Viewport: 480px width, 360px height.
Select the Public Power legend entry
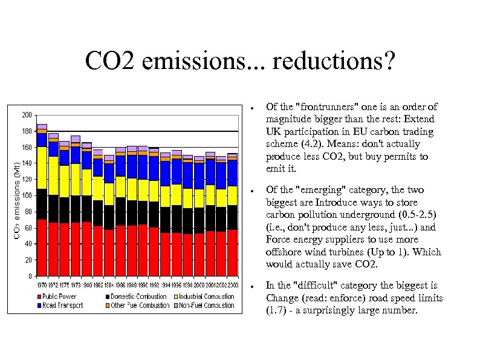pos(59,296)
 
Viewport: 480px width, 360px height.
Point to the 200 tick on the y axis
pos(27,115)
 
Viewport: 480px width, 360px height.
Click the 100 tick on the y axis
pos(27,195)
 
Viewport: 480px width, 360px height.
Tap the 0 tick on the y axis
pos(30,277)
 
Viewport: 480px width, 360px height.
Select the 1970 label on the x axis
pos(42,284)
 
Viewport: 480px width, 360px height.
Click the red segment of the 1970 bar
pos(42,248)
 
